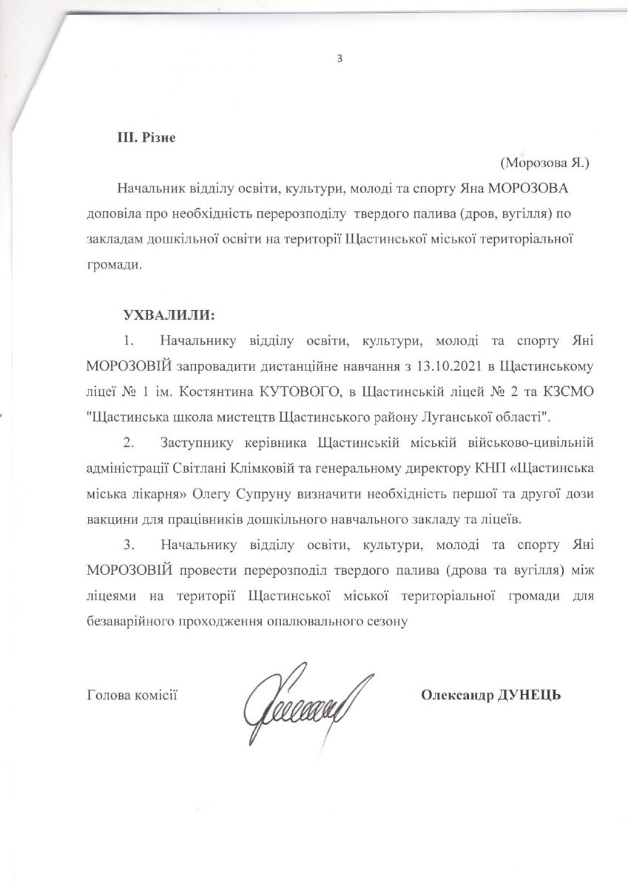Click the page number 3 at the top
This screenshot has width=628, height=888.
[x=340, y=59]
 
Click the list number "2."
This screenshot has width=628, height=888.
[x=129, y=443]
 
